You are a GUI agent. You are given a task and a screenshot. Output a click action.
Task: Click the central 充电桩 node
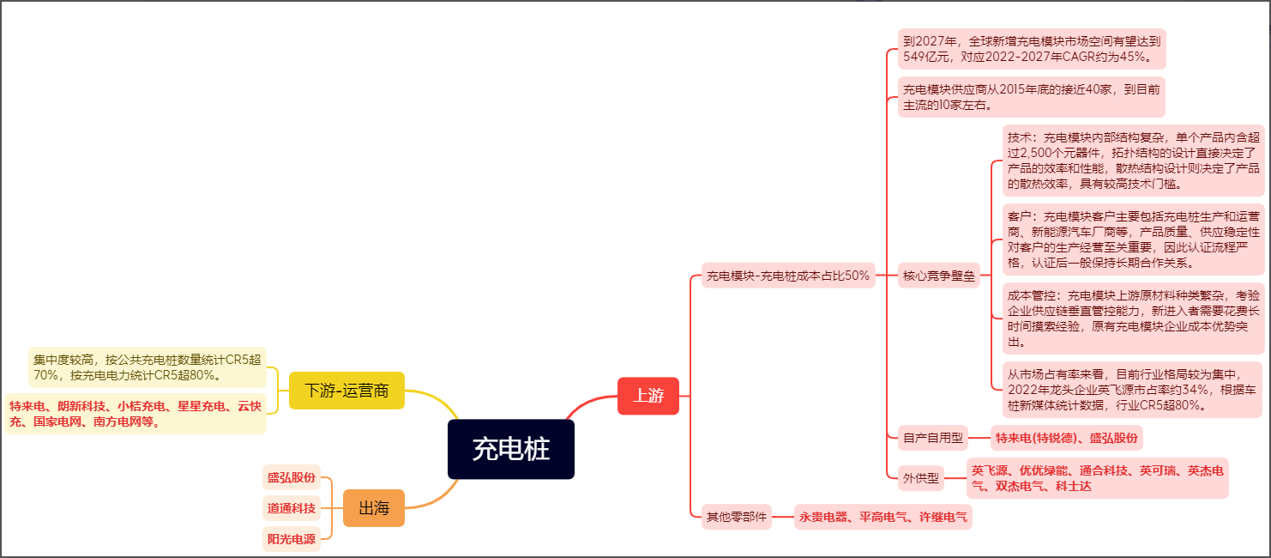510,449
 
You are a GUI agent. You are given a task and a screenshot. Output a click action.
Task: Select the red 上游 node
648,396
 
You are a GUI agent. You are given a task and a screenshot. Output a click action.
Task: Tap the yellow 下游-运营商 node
346,391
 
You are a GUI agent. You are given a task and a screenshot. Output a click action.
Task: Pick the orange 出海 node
373,508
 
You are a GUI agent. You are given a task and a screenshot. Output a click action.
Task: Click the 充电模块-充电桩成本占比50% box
787,276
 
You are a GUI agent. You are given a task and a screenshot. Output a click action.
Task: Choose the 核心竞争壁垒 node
939,276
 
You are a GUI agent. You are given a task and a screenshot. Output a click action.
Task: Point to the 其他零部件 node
736,517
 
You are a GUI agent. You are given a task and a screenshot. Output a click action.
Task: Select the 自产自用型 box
932,438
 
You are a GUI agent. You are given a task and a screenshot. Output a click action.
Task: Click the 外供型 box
921,478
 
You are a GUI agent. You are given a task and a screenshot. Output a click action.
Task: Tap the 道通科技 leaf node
291,508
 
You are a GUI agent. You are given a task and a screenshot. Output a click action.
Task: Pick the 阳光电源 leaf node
291,539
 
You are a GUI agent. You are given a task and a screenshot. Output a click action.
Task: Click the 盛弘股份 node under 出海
291,477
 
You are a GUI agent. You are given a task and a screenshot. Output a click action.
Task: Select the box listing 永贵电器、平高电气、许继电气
882,517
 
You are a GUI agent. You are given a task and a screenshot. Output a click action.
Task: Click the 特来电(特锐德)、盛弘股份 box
1066,438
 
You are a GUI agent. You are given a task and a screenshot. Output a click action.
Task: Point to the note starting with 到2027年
1032,50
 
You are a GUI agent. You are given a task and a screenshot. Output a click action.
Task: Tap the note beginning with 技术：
1133,160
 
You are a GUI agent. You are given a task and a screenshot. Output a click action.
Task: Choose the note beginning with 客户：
1133,240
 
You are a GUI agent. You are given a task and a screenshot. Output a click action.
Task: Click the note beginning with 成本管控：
1133,318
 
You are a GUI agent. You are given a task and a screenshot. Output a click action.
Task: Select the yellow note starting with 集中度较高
147,367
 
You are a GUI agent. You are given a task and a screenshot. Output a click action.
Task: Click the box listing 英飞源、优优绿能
1097,478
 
